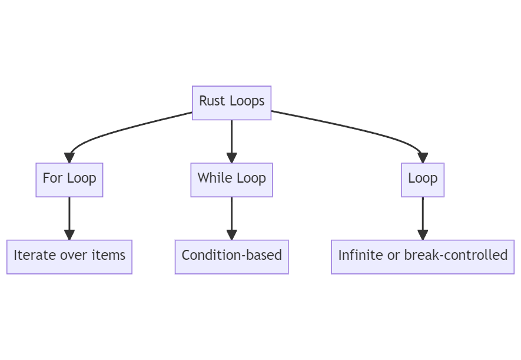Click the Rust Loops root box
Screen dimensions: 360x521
click(x=231, y=103)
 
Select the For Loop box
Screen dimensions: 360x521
click(x=69, y=180)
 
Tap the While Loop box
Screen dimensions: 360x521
click(x=231, y=180)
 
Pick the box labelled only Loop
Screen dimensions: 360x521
click(x=423, y=180)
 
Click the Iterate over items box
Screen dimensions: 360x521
click(x=69, y=256)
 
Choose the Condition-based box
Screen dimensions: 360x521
click(x=231, y=256)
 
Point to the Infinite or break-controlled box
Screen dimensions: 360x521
click(x=423, y=256)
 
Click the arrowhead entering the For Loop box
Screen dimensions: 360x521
click(x=69, y=158)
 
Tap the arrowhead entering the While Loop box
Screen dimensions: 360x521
click(x=231, y=158)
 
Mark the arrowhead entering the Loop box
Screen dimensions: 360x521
click(x=423, y=158)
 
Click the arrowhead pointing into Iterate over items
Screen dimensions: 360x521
click(x=69, y=235)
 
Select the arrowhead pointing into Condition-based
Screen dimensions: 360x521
click(x=231, y=235)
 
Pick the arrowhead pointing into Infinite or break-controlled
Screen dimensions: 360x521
click(x=423, y=235)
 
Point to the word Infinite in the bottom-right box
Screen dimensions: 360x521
click(x=359, y=255)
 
